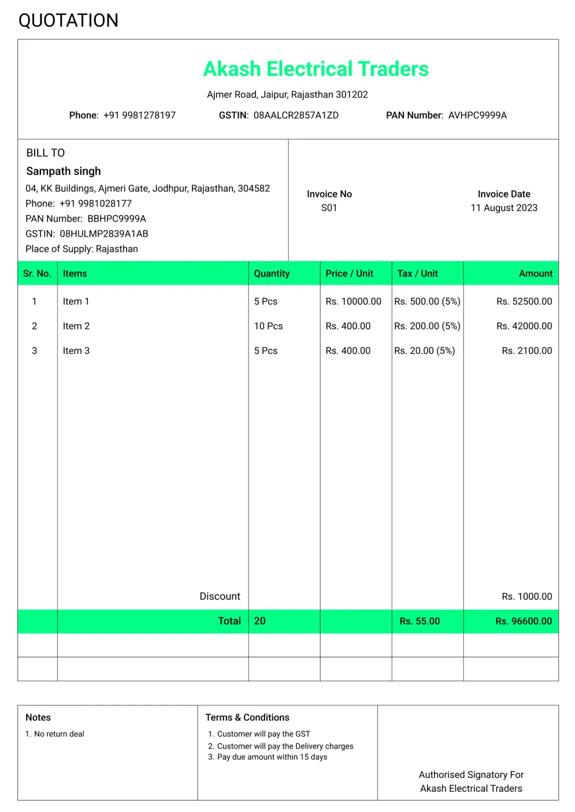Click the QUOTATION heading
68,21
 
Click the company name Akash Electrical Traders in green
316,69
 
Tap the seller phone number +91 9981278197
139,115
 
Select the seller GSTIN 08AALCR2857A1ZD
295,115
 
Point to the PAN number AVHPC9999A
477,115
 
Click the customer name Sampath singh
63,171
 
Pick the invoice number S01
329,208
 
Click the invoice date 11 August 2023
504,208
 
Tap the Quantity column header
272,274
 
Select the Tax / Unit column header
417,274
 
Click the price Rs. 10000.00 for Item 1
354,302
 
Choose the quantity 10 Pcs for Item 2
268,326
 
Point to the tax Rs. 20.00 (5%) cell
424,351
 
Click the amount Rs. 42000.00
524,326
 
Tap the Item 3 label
76,351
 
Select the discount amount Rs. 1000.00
527,596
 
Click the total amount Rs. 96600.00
523,621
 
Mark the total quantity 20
260,621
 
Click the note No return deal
59,734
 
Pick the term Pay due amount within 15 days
272,757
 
